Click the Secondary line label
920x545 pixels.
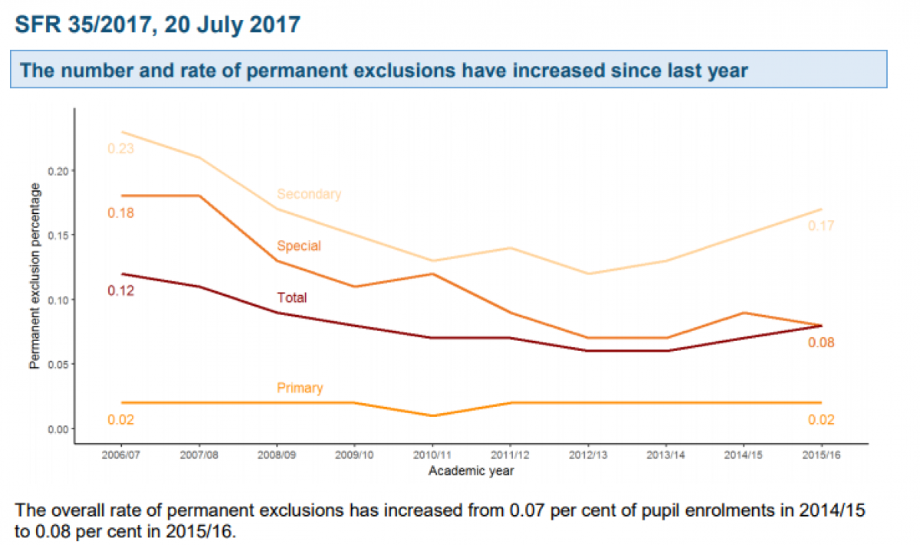[x=309, y=194]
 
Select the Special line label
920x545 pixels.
[x=299, y=246]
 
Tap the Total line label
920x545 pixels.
[x=291, y=297]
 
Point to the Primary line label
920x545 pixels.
[x=300, y=388]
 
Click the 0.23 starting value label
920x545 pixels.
[x=120, y=149]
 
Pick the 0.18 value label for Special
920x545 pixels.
[x=120, y=212]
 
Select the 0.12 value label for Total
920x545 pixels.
[x=120, y=291]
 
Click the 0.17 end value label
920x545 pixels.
[x=820, y=226]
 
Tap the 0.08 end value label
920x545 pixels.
[x=820, y=343]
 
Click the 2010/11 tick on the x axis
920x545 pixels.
[x=432, y=455]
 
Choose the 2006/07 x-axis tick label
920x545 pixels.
[x=120, y=455]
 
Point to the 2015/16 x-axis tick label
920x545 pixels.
[x=821, y=455]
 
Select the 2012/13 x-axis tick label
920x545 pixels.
[x=587, y=455]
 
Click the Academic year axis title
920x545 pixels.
[x=471, y=471]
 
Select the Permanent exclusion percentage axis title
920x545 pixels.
[x=34, y=276]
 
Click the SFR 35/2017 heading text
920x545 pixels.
[x=157, y=25]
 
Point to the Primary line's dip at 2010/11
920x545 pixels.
[x=432, y=415]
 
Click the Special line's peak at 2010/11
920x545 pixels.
[x=432, y=274]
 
